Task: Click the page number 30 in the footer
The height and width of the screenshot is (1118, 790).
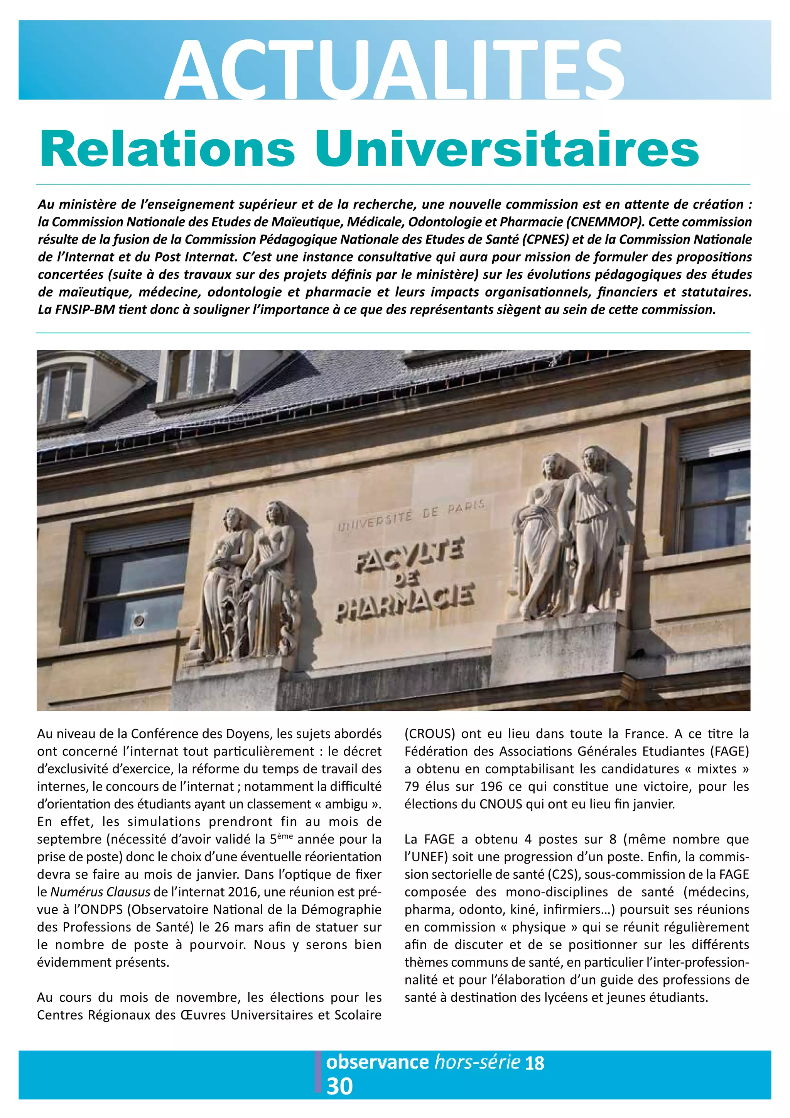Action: coord(339,1086)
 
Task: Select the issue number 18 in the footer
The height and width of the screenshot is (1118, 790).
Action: coord(534,1062)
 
